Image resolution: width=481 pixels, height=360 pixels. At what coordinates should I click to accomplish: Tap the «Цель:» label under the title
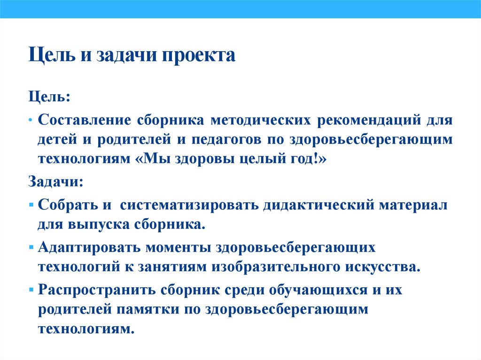(x=49, y=98)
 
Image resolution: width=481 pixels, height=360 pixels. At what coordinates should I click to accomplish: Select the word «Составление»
(x=84, y=120)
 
